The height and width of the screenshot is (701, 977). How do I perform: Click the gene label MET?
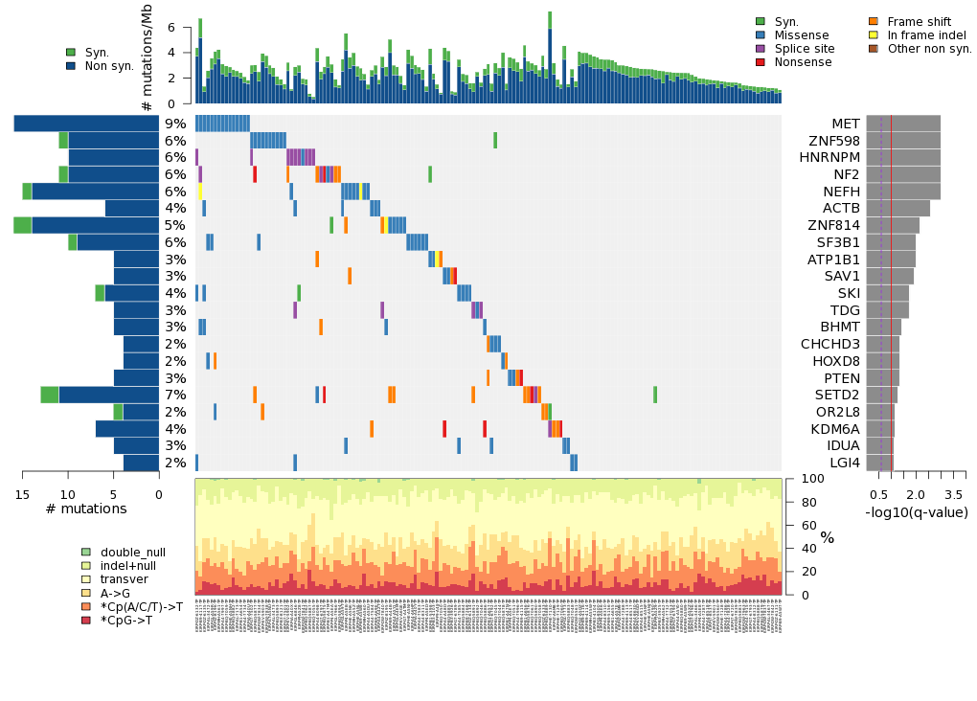(x=845, y=124)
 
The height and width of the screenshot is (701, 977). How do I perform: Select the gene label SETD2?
(x=837, y=395)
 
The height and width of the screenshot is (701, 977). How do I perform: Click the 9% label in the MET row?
(x=175, y=124)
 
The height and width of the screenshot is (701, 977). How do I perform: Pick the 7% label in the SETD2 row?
(x=175, y=395)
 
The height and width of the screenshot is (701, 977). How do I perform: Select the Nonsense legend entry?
(x=804, y=62)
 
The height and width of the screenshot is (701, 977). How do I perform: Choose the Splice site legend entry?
(x=804, y=49)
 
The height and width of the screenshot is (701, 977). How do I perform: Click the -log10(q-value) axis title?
(x=916, y=512)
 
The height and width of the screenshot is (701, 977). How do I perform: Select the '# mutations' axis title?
(x=86, y=509)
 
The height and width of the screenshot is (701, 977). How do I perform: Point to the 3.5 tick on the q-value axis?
(x=953, y=494)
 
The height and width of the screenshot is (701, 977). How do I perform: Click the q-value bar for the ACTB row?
(x=897, y=208)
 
